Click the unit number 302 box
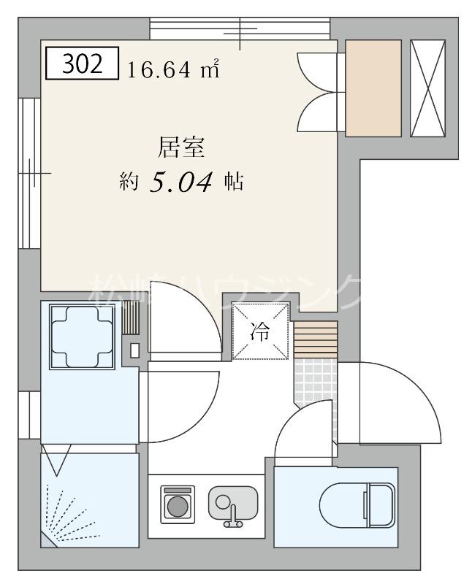[x=82, y=64]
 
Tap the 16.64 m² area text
[x=174, y=70]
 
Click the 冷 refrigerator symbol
[x=260, y=331]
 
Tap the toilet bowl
[x=357, y=503]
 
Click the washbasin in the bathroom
[x=82, y=337]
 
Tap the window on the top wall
[x=241, y=29]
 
